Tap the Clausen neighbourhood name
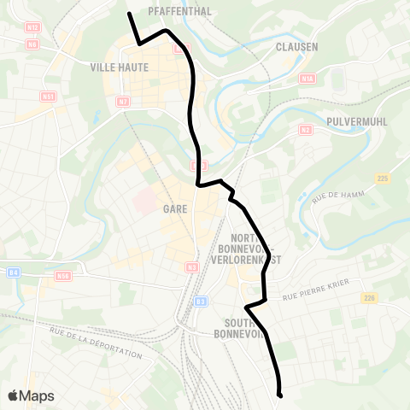(297, 47)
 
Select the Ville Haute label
(119, 67)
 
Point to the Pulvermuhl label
(358, 122)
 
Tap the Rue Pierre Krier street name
(317, 296)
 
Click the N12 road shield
(32, 27)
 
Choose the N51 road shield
(48, 97)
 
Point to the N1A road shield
(307, 79)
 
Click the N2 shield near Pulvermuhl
(305, 129)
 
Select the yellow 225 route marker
(382, 178)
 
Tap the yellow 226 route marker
(369, 297)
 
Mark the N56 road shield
(62, 276)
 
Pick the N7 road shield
(123, 102)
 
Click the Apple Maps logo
(31, 395)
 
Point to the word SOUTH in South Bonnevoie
(236, 323)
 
